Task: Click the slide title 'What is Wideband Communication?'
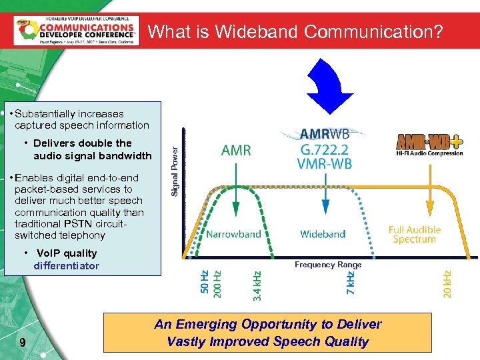(295, 31)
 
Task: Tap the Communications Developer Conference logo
(76, 30)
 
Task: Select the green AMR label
(236, 151)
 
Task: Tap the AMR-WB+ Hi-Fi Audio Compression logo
(429, 145)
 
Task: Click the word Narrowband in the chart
(233, 234)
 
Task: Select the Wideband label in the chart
(323, 234)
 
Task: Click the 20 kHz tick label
(447, 283)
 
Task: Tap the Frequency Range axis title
(328, 265)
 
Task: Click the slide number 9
(23, 343)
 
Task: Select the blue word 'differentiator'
(66, 266)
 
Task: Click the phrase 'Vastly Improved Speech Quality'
(267, 341)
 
